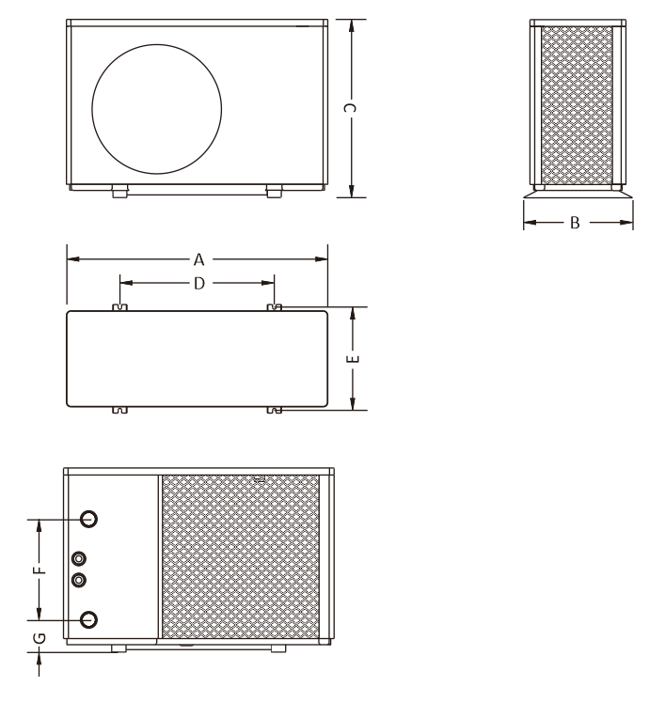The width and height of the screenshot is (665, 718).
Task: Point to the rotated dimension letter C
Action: (x=351, y=109)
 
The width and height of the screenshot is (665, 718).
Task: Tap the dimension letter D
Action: (x=198, y=282)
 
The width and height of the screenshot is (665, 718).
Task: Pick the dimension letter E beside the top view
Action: (x=353, y=359)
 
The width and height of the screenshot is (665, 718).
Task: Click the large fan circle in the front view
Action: (x=157, y=108)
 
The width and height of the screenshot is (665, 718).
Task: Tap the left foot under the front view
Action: (x=119, y=192)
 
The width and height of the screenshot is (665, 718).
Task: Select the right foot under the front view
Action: (x=273, y=192)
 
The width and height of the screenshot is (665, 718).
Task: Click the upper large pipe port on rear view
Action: (x=89, y=519)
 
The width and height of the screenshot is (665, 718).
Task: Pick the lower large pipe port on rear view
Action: (x=89, y=619)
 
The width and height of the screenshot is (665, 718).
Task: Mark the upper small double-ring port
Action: (x=79, y=558)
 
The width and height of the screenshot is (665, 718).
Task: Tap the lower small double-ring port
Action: (x=79, y=579)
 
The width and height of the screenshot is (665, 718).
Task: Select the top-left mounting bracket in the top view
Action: (x=119, y=307)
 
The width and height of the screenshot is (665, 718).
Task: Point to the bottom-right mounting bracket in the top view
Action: (x=274, y=411)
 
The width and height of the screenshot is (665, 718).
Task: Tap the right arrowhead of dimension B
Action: (x=627, y=224)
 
